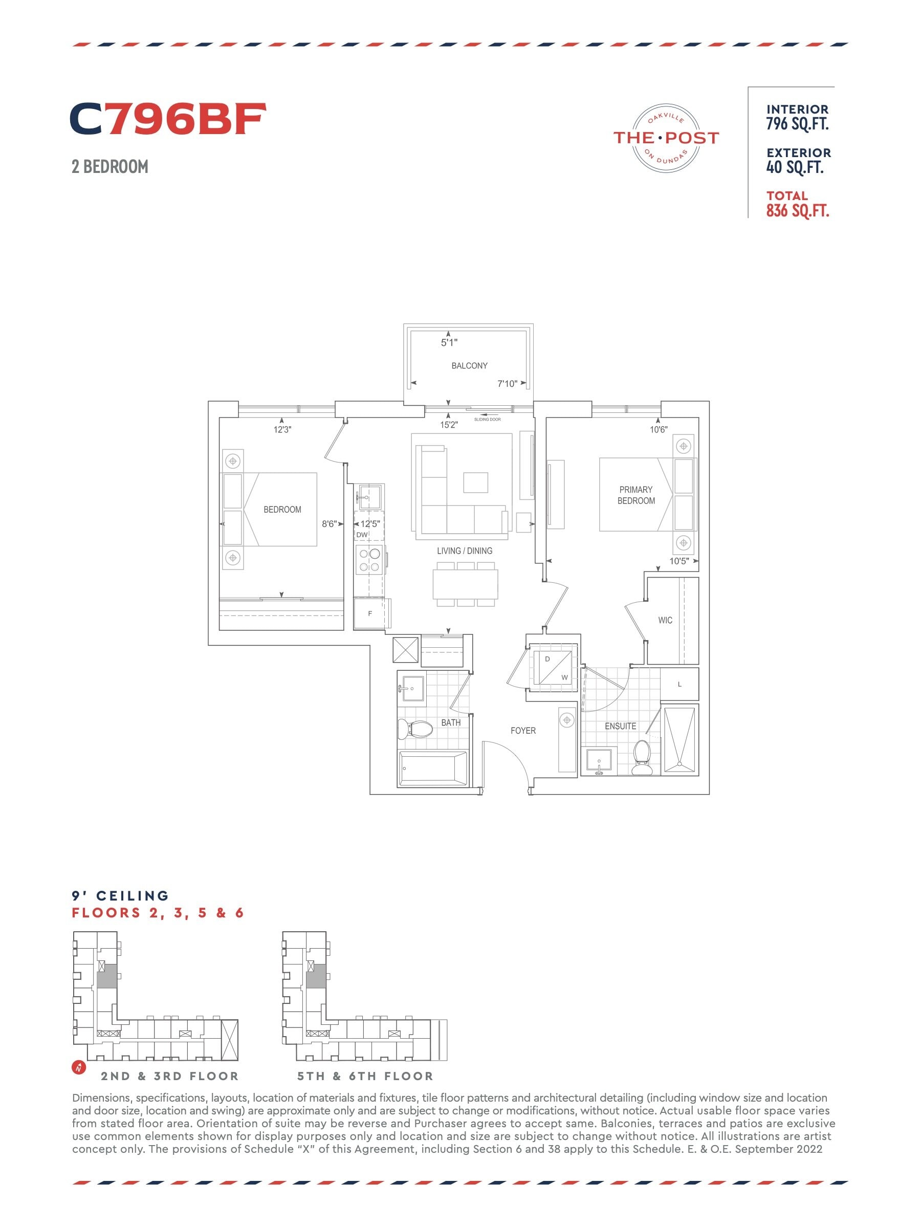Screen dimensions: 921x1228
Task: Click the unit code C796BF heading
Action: tap(168, 119)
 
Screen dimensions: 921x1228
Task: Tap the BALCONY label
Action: tap(469, 365)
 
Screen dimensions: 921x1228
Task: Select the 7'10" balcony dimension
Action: tap(507, 384)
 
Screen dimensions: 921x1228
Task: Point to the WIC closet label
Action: tap(665, 620)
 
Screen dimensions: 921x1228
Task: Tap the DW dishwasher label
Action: tap(362, 535)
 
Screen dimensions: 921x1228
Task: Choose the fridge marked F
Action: tap(370, 613)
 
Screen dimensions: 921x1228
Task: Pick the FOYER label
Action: tap(523, 731)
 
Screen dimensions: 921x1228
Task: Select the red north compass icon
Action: tap(79, 1066)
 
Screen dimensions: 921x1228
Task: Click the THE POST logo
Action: tap(666, 138)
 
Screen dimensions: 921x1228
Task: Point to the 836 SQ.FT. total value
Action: tap(798, 211)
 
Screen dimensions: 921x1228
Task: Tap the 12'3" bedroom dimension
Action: tap(282, 430)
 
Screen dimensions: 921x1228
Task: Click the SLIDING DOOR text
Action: tap(488, 420)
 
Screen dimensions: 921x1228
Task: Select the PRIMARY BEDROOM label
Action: tap(636, 495)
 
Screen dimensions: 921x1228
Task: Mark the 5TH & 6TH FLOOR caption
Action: tap(365, 1077)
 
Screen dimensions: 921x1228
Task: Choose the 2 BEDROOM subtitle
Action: tap(110, 166)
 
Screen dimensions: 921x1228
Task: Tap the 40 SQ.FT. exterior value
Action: tap(795, 167)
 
